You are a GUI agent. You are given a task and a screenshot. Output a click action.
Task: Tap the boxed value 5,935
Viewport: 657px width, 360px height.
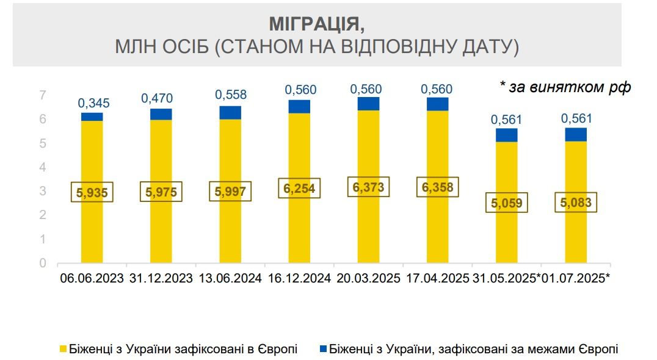(92, 192)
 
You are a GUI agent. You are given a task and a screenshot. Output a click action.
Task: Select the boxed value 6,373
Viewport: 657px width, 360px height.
(368, 187)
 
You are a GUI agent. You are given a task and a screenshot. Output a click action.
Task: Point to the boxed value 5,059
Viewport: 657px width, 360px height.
(507, 202)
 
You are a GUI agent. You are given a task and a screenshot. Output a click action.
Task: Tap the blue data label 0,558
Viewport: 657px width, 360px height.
(230, 95)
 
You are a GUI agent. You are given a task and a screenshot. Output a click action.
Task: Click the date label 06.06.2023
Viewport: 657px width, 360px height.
(93, 279)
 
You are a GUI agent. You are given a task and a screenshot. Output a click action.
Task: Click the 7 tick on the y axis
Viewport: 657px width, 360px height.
(43, 95)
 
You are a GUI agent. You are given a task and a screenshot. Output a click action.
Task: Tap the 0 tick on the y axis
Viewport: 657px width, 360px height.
(43, 264)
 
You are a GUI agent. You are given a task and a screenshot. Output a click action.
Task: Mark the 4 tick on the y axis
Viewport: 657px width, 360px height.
(43, 167)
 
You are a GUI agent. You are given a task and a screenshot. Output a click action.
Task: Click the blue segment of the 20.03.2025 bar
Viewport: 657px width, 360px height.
(368, 104)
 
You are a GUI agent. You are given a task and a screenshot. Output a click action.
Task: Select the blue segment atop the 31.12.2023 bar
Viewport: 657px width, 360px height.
(161, 115)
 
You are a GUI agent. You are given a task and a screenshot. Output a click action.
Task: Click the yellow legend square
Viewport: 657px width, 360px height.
(62, 350)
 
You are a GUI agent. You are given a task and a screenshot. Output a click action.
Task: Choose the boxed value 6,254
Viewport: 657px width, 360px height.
(299, 189)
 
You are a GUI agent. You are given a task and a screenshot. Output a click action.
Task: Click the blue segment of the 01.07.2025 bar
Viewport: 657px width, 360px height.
(576, 134)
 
